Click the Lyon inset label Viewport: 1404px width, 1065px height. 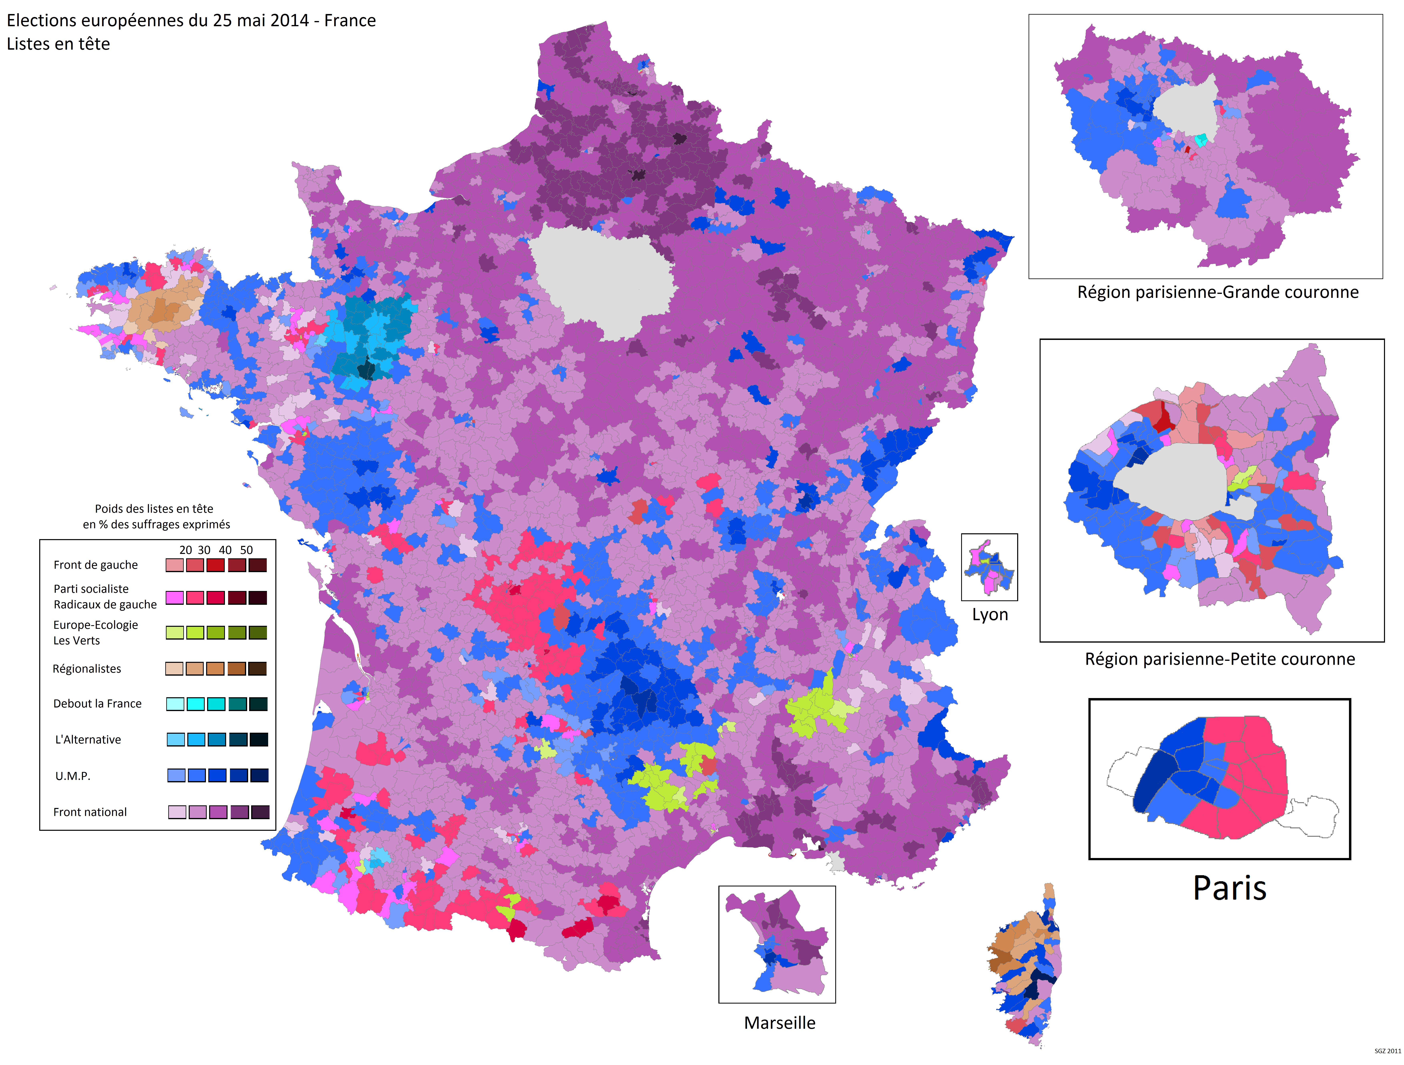tap(990, 615)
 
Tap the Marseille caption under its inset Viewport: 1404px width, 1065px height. tap(779, 1023)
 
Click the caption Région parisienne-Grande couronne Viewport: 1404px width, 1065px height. tap(1217, 292)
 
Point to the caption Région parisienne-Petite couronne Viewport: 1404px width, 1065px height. tap(1219, 659)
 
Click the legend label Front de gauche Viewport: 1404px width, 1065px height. tap(95, 565)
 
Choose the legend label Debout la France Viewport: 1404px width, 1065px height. tap(97, 704)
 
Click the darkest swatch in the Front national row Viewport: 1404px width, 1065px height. tap(260, 812)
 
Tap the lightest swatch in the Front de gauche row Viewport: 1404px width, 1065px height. tap(174, 565)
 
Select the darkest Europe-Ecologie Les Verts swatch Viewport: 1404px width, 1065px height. tap(258, 633)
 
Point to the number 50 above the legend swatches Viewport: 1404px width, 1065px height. tap(246, 550)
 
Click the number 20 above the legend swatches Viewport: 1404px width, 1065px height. tap(185, 550)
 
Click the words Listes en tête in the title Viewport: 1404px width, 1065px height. tap(58, 44)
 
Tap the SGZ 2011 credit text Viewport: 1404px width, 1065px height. tap(1388, 1051)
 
